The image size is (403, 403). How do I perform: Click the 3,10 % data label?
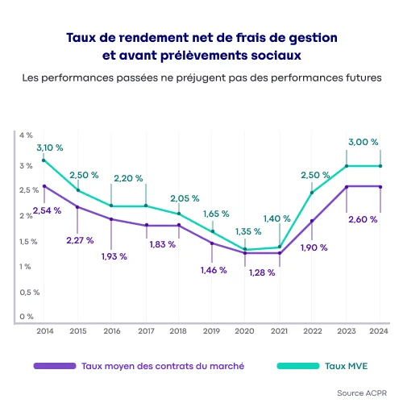pyautogui.click(x=49, y=147)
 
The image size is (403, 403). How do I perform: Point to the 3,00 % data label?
pyautogui.click(x=363, y=142)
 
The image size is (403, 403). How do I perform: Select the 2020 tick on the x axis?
pyautogui.click(x=245, y=330)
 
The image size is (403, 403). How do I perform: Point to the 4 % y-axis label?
pyautogui.click(x=26, y=135)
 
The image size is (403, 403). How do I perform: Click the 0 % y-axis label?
pyautogui.click(x=26, y=317)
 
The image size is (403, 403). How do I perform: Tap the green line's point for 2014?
pyautogui.click(x=43, y=160)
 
